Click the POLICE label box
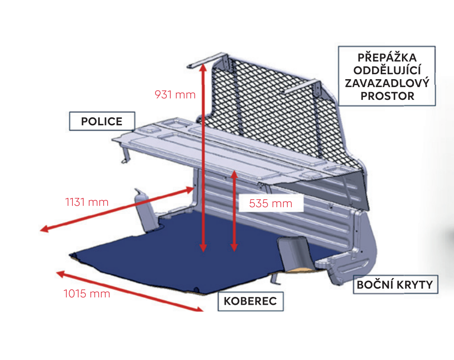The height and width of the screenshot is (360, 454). tap(102, 121)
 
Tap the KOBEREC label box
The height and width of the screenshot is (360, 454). tap(250, 301)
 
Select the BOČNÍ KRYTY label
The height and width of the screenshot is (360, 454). tap(395, 285)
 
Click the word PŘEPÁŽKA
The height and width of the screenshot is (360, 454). tap(387, 58)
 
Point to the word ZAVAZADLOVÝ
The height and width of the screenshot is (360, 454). tap(387, 83)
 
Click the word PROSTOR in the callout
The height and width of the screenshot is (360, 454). tap(387, 96)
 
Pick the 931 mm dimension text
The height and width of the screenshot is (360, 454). tap(175, 95)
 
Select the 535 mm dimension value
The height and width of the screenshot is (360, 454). tap(270, 203)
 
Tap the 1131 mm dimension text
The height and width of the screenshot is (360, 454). tap(87, 202)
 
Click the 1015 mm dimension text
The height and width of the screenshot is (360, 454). tap(87, 293)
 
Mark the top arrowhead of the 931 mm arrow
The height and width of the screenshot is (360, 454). tap(203, 68)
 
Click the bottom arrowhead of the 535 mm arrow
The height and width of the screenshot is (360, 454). tap(234, 247)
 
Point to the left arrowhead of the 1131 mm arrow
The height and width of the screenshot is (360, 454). tap(44, 229)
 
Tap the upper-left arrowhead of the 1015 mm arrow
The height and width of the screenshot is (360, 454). tap(60, 274)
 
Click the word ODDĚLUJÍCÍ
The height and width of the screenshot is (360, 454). tap(387, 70)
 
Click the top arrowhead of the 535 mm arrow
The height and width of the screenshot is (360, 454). tap(234, 174)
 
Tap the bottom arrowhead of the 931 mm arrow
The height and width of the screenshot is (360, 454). tap(203, 248)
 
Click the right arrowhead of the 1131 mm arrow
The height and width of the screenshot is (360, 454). tap(190, 190)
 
